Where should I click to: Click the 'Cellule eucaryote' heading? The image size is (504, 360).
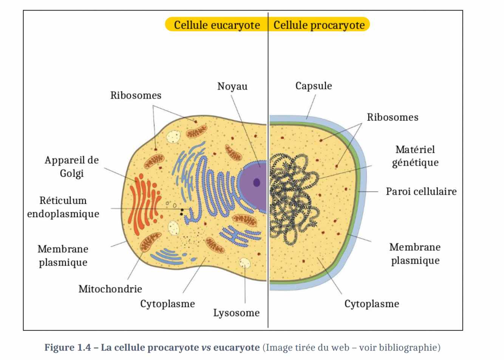coord(216,25)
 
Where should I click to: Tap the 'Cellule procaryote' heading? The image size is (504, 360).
coord(319,25)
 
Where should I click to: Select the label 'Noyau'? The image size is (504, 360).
coord(232,87)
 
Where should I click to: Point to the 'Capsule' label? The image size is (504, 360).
coord(314,86)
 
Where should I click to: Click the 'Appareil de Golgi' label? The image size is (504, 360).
coord(72,167)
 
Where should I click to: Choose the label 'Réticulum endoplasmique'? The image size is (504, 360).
coord(63,207)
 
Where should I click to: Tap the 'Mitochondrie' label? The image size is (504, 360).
coord(110,289)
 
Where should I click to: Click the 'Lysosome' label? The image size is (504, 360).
coord(237,313)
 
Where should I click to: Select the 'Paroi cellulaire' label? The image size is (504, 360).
coord(421,192)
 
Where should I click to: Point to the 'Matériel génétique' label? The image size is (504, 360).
coord(415,156)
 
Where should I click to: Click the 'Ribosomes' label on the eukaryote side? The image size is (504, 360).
coord(136,95)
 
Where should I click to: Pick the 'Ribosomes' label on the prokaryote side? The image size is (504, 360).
coord(393,117)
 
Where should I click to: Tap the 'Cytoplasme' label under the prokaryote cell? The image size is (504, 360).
coord(371,304)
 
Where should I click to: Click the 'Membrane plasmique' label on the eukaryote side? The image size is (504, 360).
coord(63,255)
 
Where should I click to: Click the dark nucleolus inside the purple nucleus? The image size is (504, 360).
coord(257,183)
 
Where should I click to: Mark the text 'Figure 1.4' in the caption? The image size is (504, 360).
coord(68,348)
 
